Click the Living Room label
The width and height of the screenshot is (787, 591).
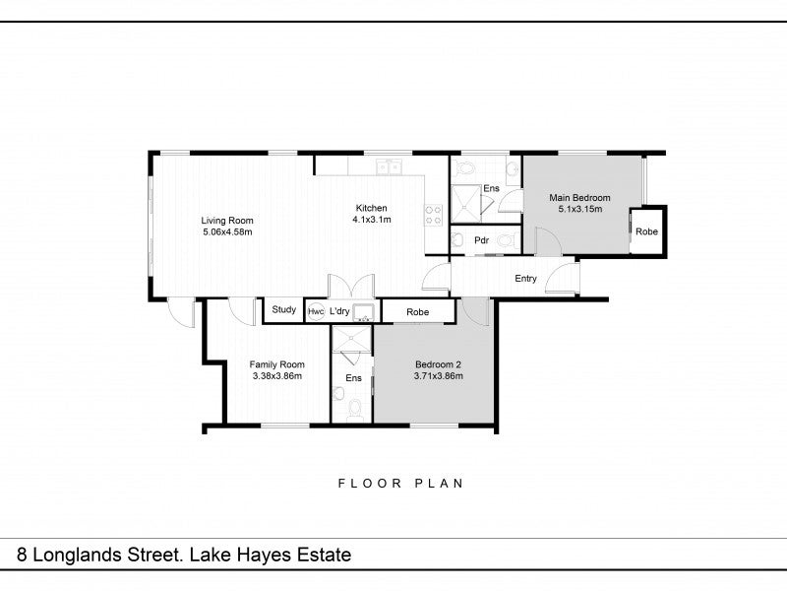click(x=227, y=220)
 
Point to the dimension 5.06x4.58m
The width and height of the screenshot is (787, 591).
click(x=227, y=231)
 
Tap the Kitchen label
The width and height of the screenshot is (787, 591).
click(x=372, y=208)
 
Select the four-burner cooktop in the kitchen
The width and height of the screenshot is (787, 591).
click(x=434, y=215)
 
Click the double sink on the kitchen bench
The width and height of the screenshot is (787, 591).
click(x=389, y=166)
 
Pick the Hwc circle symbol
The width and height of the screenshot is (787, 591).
click(x=316, y=311)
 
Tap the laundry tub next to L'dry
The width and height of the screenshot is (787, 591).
click(x=363, y=312)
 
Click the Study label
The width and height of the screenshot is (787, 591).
click(x=284, y=309)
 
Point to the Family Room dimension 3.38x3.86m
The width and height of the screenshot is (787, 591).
click(x=277, y=376)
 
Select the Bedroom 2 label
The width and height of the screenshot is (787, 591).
click(x=438, y=364)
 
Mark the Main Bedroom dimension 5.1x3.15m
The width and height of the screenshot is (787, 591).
click(x=580, y=209)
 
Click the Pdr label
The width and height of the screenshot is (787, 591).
click(x=482, y=240)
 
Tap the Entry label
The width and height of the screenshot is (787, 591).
click(x=525, y=279)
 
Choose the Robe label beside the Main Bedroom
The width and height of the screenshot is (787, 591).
click(x=646, y=231)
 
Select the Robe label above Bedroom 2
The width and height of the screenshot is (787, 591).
click(x=417, y=312)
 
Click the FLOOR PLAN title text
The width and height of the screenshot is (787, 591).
click(x=400, y=484)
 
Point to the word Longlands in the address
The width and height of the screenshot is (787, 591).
click(x=78, y=556)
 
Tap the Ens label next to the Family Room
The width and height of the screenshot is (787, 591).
click(x=353, y=378)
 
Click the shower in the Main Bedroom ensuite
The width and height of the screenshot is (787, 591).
click(x=465, y=204)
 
